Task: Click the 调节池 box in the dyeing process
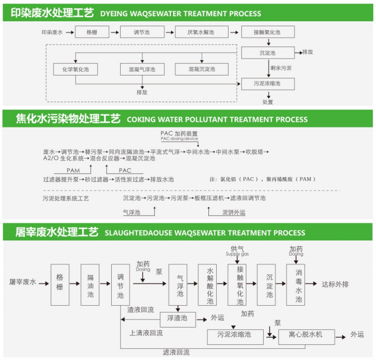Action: pos(142,33)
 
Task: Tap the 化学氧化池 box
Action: pos(75,69)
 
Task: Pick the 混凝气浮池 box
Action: pos(142,69)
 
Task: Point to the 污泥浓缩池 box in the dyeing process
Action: pos(267,84)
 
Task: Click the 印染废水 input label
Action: pos(53,33)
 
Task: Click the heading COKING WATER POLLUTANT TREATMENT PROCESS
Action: pos(217,119)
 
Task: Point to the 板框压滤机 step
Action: pos(209,198)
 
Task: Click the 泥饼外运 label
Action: pos(234,212)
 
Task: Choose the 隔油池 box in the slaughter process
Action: pos(91,285)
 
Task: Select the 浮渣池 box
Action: pos(178,318)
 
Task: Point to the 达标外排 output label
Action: pos(335,284)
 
